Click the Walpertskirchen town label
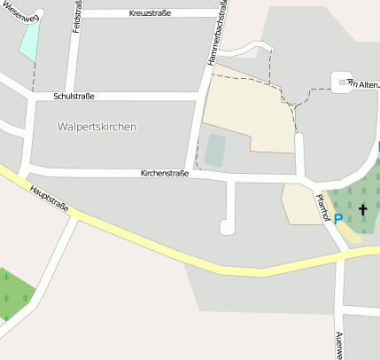pyautogui.click(x=97, y=127)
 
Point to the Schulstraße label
pyautogui.click(x=74, y=95)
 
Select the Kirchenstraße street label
pyautogui.click(x=165, y=174)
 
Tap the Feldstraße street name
pyautogui.click(x=78, y=18)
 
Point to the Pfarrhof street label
pyautogui.click(x=322, y=207)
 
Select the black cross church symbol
pyautogui.click(x=362, y=210)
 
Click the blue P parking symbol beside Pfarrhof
pyautogui.click(x=338, y=218)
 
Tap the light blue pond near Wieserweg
pyautogui.click(x=30, y=39)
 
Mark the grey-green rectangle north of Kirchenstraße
pyautogui.click(x=215, y=150)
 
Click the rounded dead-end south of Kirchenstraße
pyautogui.click(x=227, y=227)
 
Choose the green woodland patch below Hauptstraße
pyautogui.click(x=13, y=293)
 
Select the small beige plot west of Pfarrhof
pyautogui.click(x=298, y=204)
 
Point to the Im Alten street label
pyautogui.click(x=364, y=84)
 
